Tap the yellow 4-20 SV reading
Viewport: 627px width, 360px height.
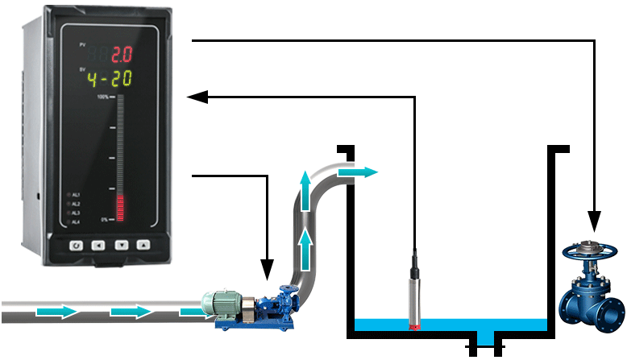pyautogui.click(x=110, y=79)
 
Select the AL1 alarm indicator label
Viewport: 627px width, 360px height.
pyautogui.click(x=76, y=195)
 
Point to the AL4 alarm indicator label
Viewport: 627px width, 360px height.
pyautogui.click(x=76, y=221)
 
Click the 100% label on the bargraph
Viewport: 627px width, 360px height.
pyautogui.click(x=103, y=97)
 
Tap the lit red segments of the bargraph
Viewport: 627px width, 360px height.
pyautogui.click(x=121, y=208)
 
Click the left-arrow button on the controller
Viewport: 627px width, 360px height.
pyautogui.click(x=98, y=245)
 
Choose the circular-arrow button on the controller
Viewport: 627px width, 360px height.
pyautogui.click(x=76, y=245)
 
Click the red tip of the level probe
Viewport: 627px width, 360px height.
pyautogui.click(x=416, y=326)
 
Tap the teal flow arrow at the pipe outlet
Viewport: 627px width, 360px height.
pyautogui.click(x=357, y=172)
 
